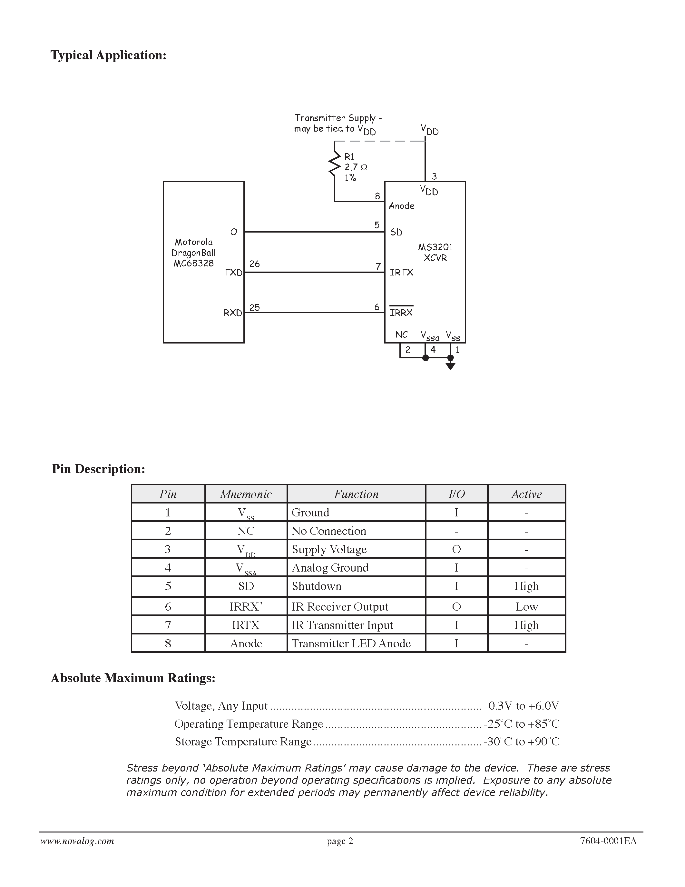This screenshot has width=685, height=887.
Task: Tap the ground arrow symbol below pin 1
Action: point(450,366)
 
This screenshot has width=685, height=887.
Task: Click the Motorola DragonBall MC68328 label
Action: point(193,253)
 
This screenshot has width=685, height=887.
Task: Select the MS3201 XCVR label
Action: point(435,252)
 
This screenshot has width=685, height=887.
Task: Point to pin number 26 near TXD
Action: point(254,264)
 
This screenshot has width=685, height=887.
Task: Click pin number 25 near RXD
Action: point(254,307)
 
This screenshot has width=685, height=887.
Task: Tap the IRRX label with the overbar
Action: point(401,312)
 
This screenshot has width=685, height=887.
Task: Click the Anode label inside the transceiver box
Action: point(401,206)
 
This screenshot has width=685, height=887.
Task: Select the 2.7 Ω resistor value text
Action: point(356,167)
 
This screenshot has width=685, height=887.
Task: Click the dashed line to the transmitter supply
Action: point(379,141)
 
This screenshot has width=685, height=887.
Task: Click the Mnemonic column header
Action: point(246,494)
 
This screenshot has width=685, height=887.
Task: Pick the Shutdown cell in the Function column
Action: point(317,586)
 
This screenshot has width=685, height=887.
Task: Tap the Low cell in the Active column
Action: point(526,607)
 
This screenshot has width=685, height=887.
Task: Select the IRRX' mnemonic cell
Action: point(246,607)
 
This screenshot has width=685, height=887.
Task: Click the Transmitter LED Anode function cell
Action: point(351,643)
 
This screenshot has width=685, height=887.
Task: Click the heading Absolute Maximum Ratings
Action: point(133,678)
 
